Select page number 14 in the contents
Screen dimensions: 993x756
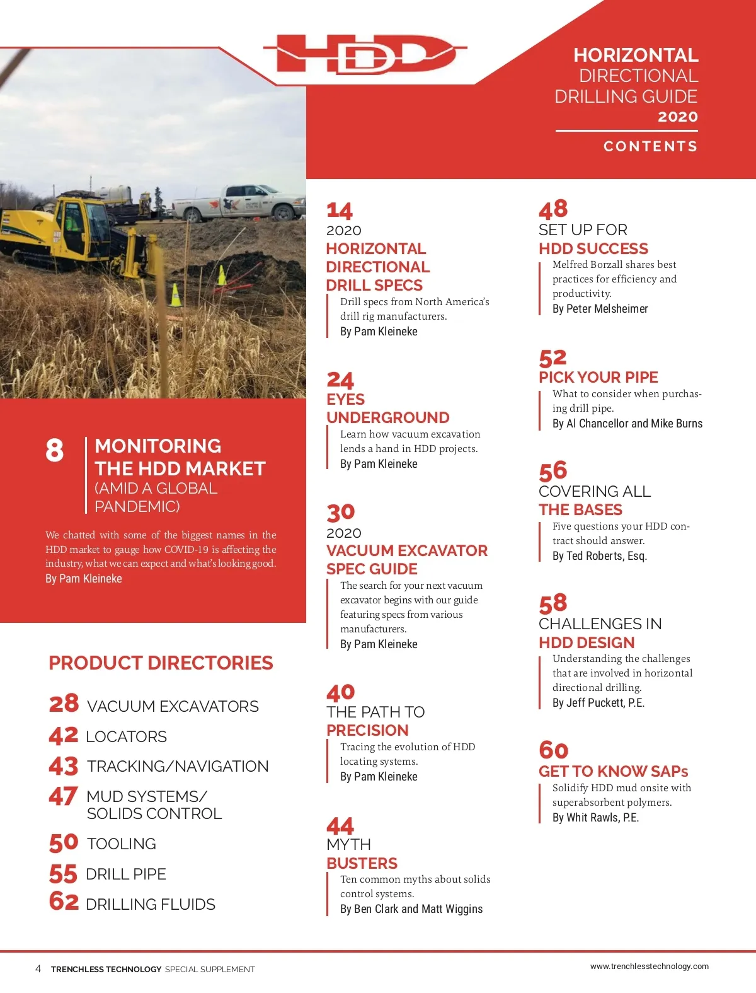click(x=340, y=211)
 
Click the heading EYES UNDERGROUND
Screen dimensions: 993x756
click(x=387, y=409)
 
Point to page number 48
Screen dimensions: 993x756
click(x=553, y=209)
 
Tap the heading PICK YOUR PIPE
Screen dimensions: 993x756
click(x=598, y=377)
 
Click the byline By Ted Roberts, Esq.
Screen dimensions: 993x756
click(x=599, y=556)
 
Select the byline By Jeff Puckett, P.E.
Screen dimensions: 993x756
click(x=598, y=703)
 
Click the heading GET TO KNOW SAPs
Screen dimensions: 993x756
click(x=613, y=771)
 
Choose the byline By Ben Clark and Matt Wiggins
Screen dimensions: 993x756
click(x=411, y=909)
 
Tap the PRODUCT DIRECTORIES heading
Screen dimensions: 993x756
click(x=161, y=663)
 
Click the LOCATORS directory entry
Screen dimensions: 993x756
click(x=126, y=736)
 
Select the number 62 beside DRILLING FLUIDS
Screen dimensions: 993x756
click(x=64, y=902)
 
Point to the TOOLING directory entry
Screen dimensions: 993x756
click(x=121, y=844)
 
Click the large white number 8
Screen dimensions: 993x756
click(x=55, y=450)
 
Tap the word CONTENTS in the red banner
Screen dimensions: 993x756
click(x=650, y=146)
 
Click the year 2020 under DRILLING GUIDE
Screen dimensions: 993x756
click(x=678, y=117)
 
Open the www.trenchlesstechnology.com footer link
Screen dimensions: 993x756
click(x=649, y=966)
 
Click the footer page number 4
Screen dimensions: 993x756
click(x=38, y=969)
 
